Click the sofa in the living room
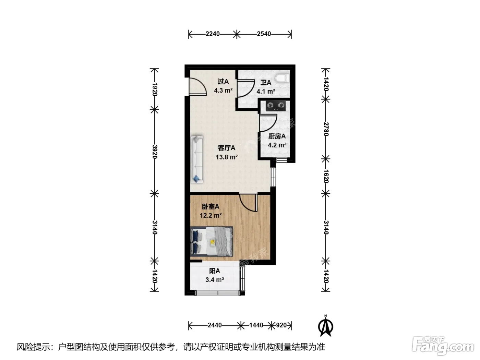click(197, 159)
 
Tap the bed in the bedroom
click(212, 241)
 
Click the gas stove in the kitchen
click(276, 106)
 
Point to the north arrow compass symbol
click(325, 327)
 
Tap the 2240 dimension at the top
click(213, 34)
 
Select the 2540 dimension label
click(264, 34)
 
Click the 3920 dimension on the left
click(154, 152)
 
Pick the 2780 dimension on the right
click(326, 129)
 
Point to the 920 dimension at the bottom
click(281, 325)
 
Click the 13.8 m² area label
click(227, 157)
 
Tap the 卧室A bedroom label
click(211, 206)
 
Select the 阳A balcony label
click(215, 271)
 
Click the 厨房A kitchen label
click(277, 136)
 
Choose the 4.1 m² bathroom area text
click(266, 91)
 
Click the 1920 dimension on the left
click(154, 89)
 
